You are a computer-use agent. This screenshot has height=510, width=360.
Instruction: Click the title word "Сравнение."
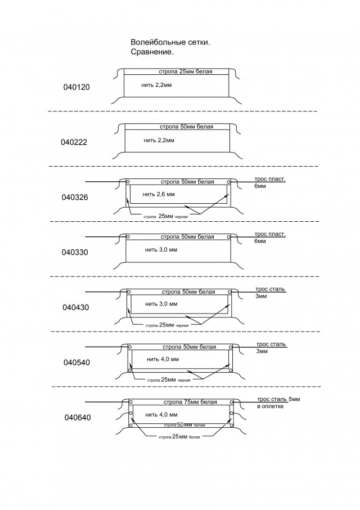coord(152,52)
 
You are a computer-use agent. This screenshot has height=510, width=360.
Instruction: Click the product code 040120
coord(76,87)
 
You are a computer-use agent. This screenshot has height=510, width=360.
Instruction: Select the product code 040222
coord(74,142)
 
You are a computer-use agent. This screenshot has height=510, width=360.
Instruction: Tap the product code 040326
coord(75,198)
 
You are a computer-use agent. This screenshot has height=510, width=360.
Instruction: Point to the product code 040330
coord(75,252)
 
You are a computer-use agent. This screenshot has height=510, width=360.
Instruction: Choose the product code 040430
coord(76,307)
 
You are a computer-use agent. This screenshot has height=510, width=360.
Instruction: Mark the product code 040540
coord(76,363)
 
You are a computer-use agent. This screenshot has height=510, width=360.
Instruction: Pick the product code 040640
coord(78,417)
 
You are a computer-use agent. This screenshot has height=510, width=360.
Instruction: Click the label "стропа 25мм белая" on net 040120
coord(186,71)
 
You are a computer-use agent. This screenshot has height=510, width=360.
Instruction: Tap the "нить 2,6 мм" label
coord(159,195)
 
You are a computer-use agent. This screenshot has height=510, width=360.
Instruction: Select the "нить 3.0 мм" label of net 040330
coord(161,250)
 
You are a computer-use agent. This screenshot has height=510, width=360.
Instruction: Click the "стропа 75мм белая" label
coord(190,402)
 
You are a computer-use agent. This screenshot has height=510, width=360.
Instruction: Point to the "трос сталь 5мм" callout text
coord(278,399)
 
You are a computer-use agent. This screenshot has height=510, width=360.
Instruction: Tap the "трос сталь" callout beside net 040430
coord(271,289)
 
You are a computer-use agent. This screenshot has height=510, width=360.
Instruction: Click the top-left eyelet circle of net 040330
coord(128,237)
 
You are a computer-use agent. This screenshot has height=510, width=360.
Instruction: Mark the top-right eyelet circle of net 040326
coord(229,182)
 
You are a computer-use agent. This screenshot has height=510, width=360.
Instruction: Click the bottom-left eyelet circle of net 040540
coord(130,370)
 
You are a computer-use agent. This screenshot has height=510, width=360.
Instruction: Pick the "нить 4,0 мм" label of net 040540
coord(163,359)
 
